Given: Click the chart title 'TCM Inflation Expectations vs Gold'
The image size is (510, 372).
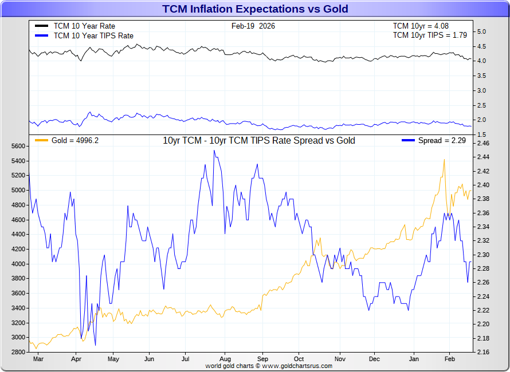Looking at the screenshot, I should click(255, 9).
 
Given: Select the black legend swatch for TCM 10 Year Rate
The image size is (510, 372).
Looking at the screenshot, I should click(41, 26).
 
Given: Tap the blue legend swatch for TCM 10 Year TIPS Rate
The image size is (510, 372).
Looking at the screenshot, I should click(41, 35).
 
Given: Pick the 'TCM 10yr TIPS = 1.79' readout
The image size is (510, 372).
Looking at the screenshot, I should click(430, 35).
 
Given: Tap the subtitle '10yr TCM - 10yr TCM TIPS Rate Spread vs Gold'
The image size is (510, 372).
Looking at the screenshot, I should click(259, 141).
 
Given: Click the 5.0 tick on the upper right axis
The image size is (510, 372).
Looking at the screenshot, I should click(482, 31).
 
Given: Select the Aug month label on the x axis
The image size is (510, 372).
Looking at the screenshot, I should click(225, 359).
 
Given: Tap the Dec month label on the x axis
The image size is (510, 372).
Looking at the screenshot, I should click(374, 359).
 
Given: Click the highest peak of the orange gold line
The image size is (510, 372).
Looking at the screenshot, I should click(444, 160).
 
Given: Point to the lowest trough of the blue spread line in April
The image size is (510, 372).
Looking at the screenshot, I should click(95, 345).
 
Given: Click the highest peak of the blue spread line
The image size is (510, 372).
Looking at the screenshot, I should click(214, 151).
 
